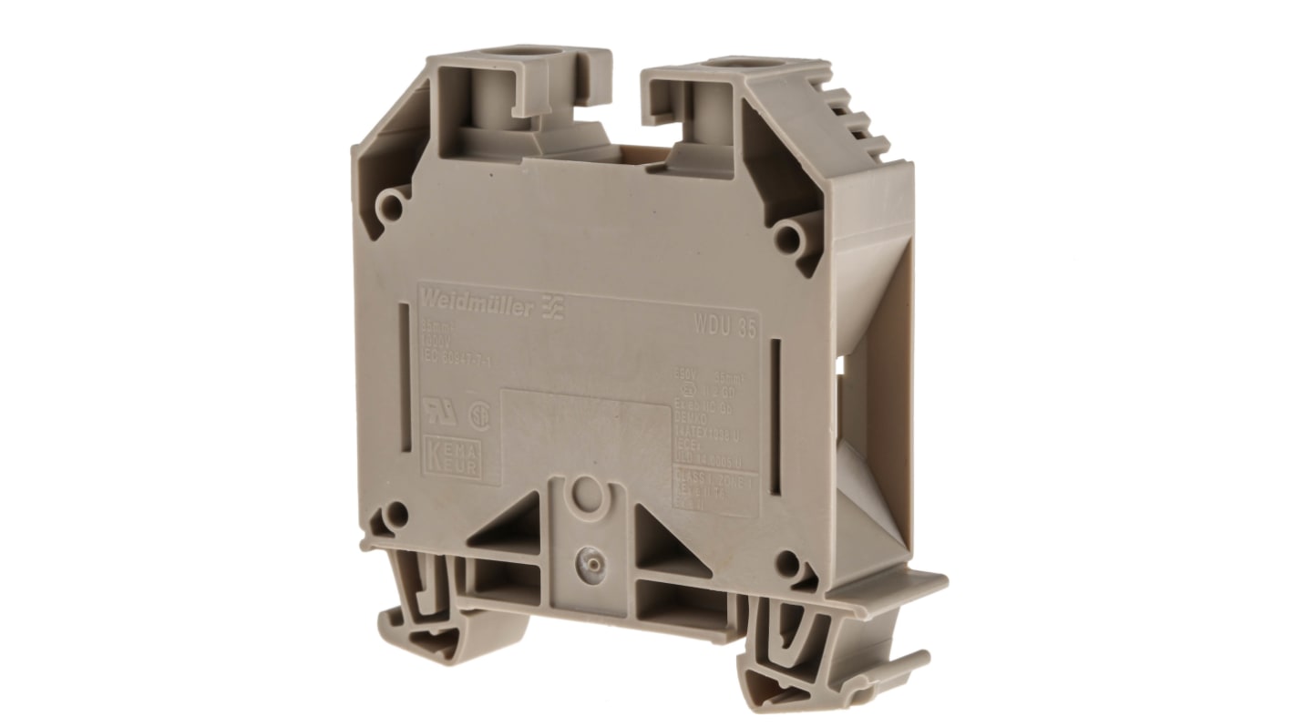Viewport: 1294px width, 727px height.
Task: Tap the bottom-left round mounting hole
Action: [396, 517]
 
